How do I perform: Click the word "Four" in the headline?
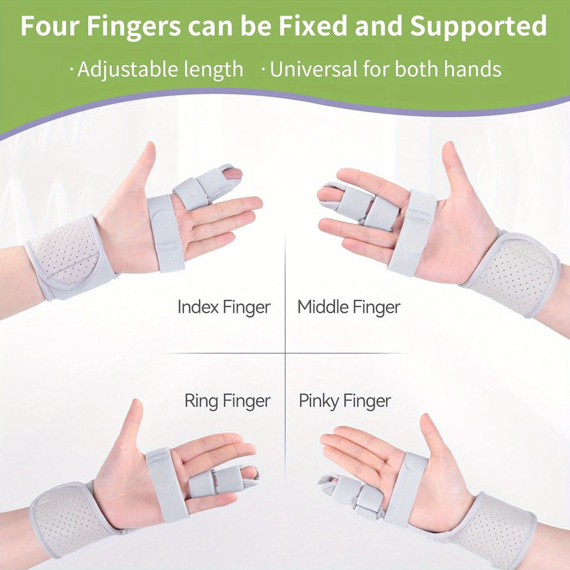(x=50, y=26)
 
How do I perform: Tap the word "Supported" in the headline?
(x=478, y=26)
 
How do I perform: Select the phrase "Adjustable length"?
(x=160, y=69)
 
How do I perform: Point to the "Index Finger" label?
(x=224, y=307)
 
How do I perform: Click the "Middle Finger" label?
(x=348, y=307)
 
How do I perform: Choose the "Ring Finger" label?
(x=228, y=401)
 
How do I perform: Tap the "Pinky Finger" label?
(x=345, y=401)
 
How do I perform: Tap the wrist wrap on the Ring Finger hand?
(x=69, y=520)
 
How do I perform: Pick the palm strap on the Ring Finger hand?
(x=166, y=485)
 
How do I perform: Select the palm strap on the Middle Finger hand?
(x=412, y=233)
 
